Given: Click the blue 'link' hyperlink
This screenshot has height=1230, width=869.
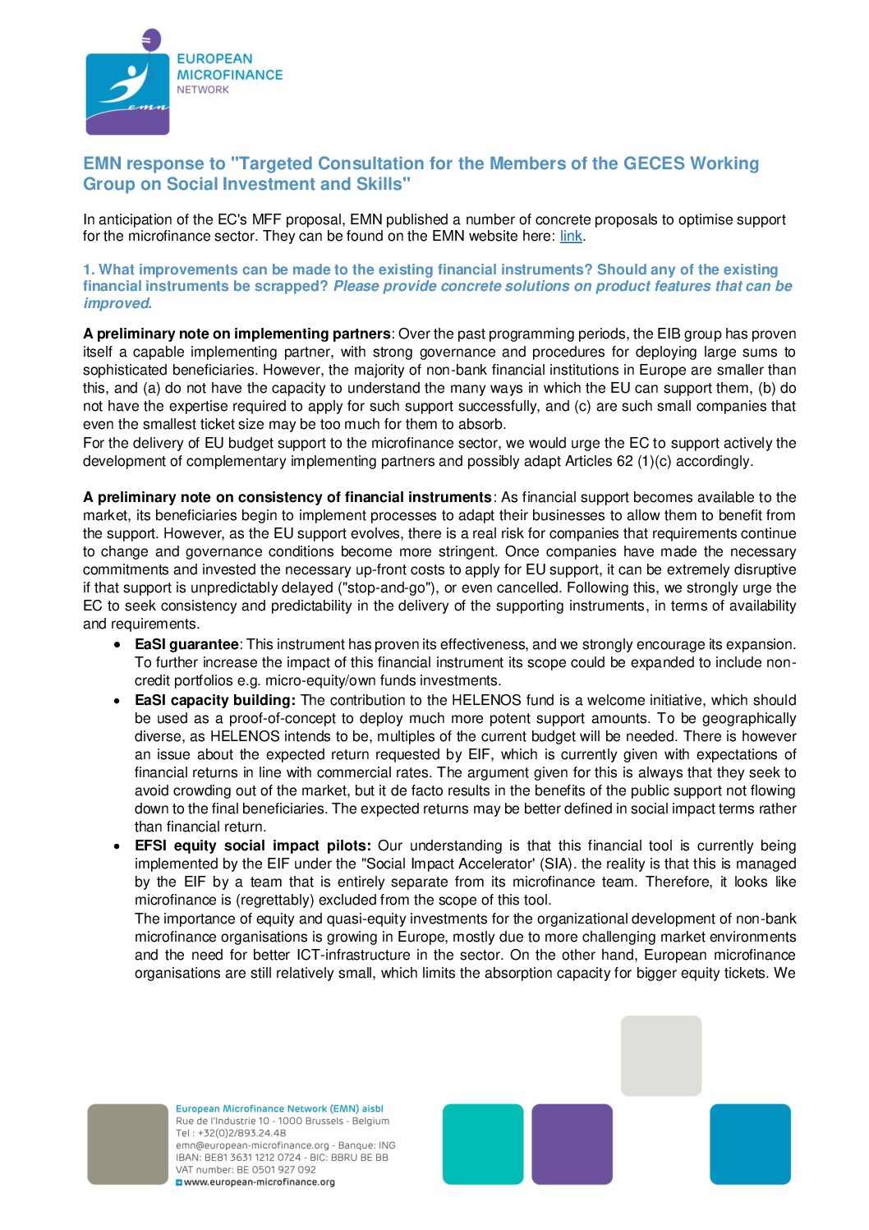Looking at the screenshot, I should tap(571, 237).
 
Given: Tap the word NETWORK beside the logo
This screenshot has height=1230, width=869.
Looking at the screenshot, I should tap(203, 90).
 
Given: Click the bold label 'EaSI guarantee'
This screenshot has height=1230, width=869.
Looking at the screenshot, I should tap(186, 645).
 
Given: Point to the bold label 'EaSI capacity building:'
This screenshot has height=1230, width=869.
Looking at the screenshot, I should tap(214, 701).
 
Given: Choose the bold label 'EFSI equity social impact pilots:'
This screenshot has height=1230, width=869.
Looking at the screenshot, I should tap(253, 846).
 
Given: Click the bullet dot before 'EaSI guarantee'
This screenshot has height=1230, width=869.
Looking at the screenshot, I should tap(119, 645).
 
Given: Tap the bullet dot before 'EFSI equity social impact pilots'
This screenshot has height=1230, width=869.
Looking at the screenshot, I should tap(119, 846).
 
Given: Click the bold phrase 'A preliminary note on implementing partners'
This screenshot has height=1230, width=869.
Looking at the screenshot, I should tap(237, 334).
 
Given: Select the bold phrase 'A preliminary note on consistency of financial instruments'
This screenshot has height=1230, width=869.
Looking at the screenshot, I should tap(287, 498).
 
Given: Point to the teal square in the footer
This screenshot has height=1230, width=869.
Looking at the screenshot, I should tap(483, 1144).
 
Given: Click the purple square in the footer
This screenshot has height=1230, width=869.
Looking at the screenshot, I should tap(572, 1144).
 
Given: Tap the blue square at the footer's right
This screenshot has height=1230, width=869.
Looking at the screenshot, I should tap(750, 1144).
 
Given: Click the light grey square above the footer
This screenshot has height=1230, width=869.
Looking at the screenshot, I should tap(661, 1056).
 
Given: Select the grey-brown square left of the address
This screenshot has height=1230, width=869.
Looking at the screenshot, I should tap(127, 1144).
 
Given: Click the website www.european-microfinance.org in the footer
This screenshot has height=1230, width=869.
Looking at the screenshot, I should tap(259, 1182).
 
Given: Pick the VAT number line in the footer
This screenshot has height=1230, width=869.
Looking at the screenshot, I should tap(246, 1170).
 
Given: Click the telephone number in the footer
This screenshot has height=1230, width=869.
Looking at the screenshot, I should tap(231, 1133).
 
